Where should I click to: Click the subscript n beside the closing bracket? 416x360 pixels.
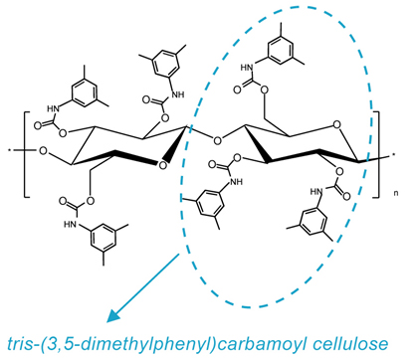(x=396, y=193)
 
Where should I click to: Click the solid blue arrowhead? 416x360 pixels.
(x=113, y=315)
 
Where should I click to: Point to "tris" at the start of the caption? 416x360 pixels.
(x=18, y=344)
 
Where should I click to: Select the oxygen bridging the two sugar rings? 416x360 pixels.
(x=217, y=140)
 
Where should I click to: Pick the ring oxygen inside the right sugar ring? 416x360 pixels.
(x=336, y=125)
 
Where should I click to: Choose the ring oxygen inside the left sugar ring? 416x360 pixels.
(x=162, y=165)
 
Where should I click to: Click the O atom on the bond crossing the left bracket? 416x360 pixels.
(x=43, y=151)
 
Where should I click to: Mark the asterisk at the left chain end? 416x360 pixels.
(x=10, y=151)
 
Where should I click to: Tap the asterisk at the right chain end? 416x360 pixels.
(x=394, y=154)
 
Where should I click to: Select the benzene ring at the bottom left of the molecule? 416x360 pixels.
(x=104, y=238)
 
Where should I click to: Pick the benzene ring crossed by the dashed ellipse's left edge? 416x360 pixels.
(x=209, y=203)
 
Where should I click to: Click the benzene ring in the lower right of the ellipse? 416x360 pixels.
(x=313, y=222)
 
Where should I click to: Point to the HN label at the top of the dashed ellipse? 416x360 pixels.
(x=247, y=68)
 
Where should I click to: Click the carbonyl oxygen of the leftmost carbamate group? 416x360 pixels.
(x=39, y=126)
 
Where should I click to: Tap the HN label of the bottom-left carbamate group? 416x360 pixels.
(x=71, y=225)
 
